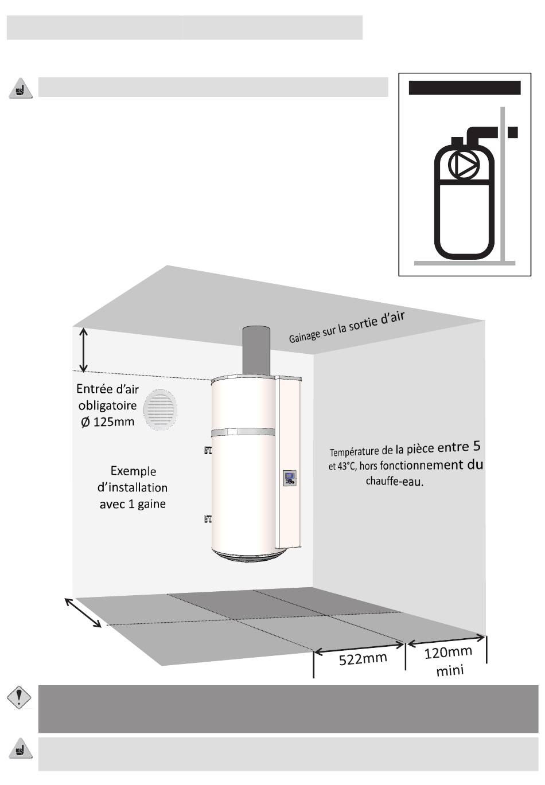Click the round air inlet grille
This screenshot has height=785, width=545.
pos(160,409)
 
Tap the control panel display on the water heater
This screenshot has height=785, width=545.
pos(290,478)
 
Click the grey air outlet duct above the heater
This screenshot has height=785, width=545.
pos(256,352)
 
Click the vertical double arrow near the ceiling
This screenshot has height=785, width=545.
pos(83,349)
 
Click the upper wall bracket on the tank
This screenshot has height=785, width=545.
pos(207,450)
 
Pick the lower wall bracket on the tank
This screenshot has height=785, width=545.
pos(207,519)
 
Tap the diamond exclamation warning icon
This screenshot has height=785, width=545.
pos(19,697)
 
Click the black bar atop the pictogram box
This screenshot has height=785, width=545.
pos(464,88)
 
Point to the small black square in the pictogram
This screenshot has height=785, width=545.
pos(513,132)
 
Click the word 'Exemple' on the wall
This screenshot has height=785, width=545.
pos(133,471)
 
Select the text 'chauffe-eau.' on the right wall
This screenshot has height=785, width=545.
pos(395,481)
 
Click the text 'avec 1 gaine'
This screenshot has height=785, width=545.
pos(133,504)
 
